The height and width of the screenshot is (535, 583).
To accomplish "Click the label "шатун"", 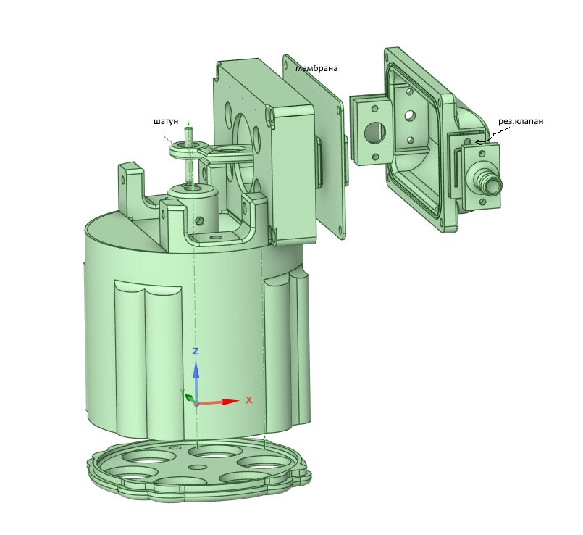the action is coord(165,121).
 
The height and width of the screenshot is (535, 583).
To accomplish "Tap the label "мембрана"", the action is coord(316,68).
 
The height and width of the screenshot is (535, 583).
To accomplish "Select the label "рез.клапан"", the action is coord(521,121).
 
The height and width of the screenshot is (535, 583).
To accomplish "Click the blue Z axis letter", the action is coord(196,351).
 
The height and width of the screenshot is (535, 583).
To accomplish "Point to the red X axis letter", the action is coord(249,400).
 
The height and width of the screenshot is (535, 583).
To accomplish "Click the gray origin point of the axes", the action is coord(196,404).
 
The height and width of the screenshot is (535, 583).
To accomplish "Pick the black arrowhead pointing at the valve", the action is coord(479,141).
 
